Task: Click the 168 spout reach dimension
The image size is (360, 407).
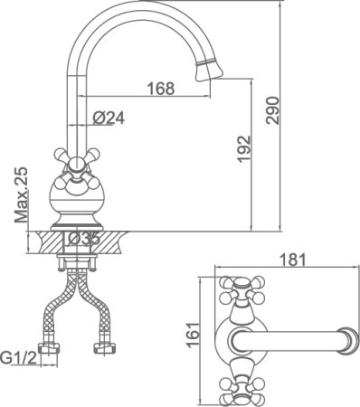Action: click(161, 89)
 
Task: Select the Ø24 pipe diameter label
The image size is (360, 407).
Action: click(109, 118)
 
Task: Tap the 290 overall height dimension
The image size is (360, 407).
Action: click(273, 110)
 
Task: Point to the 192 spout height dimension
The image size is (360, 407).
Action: click(243, 149)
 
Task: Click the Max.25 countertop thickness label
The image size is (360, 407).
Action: click(21, 194)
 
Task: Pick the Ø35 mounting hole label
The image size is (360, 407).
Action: click(83, 239)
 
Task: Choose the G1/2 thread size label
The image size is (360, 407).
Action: click(18, 358)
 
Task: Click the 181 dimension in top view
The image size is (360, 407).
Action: click(293, 260)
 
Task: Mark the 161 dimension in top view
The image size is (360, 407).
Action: click(194, 335)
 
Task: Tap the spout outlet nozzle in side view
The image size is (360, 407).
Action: click(209, 69)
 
